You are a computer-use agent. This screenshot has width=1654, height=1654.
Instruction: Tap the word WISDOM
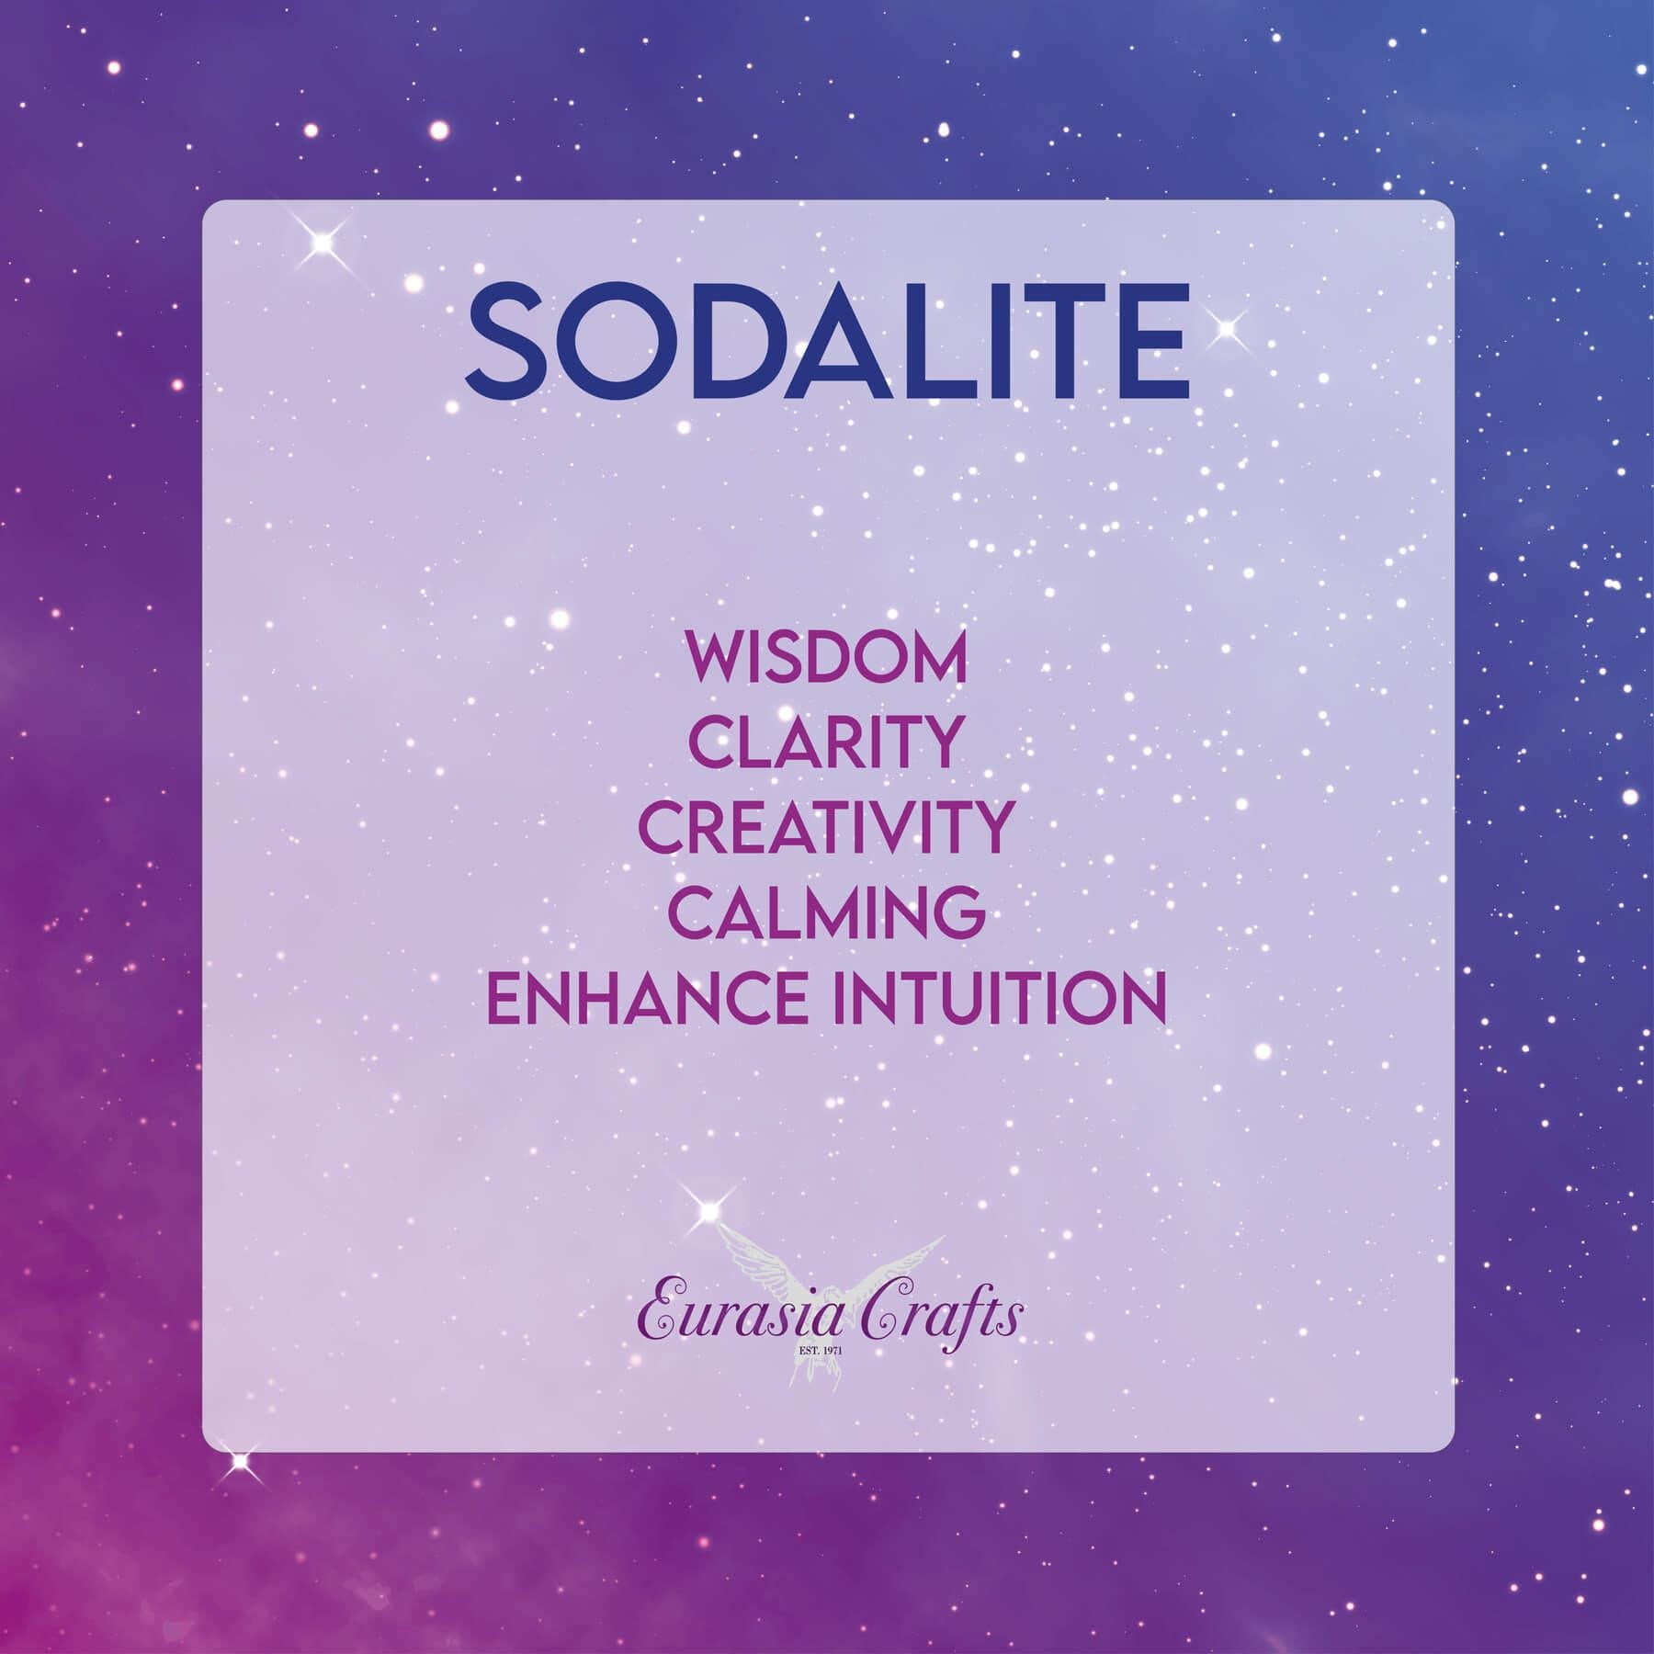[826, 661]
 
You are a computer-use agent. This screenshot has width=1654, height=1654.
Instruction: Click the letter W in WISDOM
[719, 661]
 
